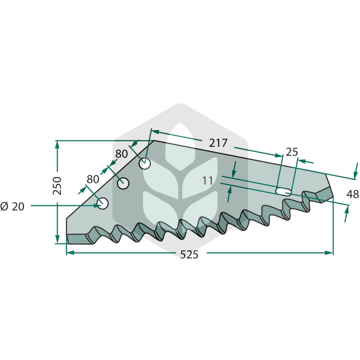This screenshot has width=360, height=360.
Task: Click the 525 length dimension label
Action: (x=189, y=254)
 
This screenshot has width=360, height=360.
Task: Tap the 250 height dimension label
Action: (x=57, y=186)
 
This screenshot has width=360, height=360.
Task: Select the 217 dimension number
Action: (x=218, y=143)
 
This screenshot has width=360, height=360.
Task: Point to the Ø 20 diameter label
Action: (x=12, y=207)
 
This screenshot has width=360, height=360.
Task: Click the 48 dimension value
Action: (x=353, y=194)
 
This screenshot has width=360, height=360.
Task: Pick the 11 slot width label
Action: (x=207, y=181)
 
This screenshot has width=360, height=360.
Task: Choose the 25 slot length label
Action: (x=292, y=152)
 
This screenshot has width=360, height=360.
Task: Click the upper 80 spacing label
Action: (x=121, y=154)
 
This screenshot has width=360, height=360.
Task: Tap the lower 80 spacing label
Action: (x=93, y=179)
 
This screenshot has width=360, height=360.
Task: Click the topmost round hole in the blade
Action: (x=144, y=164)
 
